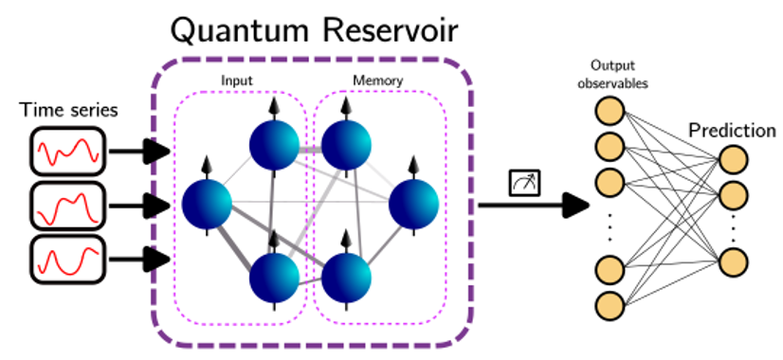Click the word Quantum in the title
[x=235, y=32]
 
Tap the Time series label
[x=69, y=111]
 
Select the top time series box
[x=68, y=150]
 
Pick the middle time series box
[x=68, y=204]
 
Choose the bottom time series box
[x=68, y=257]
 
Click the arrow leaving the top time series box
[x=138, y=149]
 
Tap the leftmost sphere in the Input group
[x=207, y=202]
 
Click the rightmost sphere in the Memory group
[x=413, y=202]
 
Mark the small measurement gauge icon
[x=522, y=181]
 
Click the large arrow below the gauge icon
[x=530, y=205]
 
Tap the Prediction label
[x=732, y=131]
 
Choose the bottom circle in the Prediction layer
[x=732, y=261]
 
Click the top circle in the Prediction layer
[x=732, y=162]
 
